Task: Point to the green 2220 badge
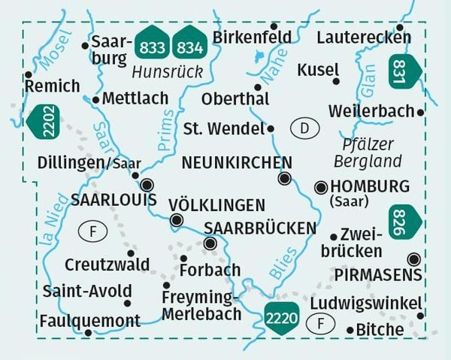tap(282, 317)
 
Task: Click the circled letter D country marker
tap(304, 129)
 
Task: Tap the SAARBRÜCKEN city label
tap(260, 227)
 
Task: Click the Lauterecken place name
tap(364, 37)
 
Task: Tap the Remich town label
tap(52, 86)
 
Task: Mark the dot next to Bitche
tap(350, 330)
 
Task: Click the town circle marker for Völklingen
tap(176, 220)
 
